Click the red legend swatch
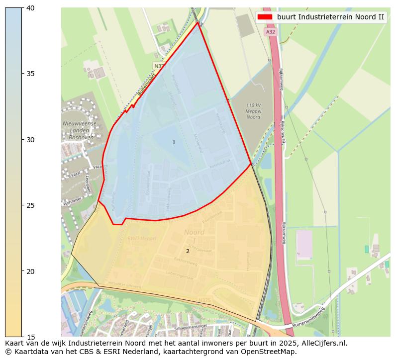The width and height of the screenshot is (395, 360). tap(265, 17)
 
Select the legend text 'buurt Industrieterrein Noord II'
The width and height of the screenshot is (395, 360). tap(330, 17)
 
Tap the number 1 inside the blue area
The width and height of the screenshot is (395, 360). tap(174, 143)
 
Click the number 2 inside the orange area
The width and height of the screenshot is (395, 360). tap(188, 252)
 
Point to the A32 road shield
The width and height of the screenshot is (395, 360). tap(270, 32)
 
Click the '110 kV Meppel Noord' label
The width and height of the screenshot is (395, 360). tap(253, 111)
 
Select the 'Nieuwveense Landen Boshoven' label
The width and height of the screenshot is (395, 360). tap(80, 131)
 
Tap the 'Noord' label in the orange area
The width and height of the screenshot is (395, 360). tap(194, 232)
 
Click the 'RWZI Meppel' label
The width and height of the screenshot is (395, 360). tap(142, 239)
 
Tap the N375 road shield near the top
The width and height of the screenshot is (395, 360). tap(159, 66)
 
